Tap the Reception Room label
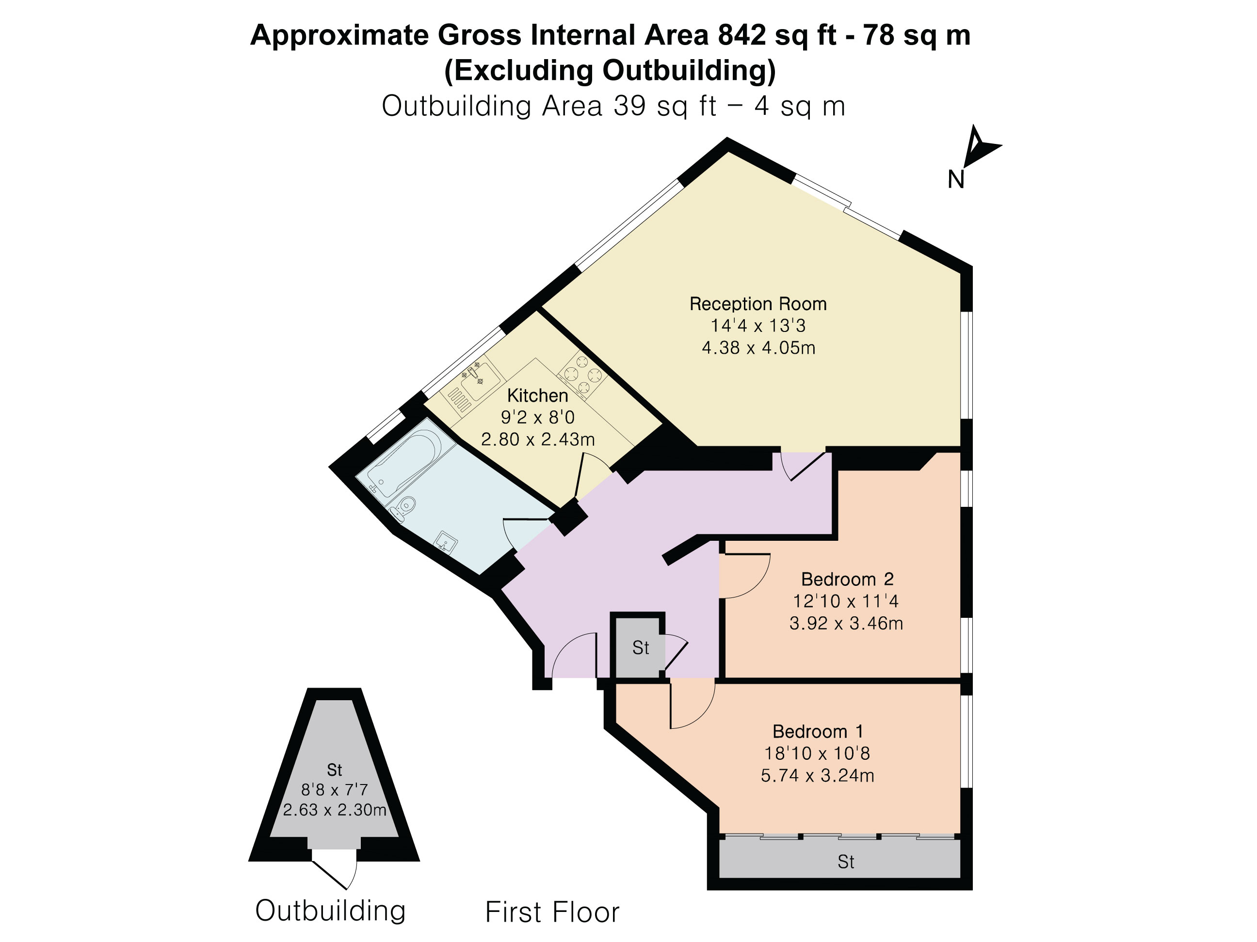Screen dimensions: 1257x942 (x=758, y=304)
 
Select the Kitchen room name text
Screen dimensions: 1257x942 (x=538, y=395)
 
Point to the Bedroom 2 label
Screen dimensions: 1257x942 (x=847, y=579)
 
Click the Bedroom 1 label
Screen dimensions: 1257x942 (x=818, y=731)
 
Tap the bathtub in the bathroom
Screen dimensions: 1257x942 (x=405, y=463)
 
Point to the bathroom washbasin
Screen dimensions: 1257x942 (x=446, y=542)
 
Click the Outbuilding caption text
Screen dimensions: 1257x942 (x=331, y=911)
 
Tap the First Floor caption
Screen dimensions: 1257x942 (x=552, y=912)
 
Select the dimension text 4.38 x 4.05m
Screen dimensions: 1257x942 (x=758, y=347)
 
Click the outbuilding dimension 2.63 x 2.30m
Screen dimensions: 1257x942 (x=335, y=809)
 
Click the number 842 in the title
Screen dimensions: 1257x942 (x=741, y=35)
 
